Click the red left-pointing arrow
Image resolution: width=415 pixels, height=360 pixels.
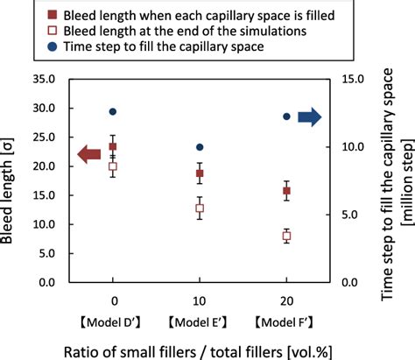point(90,155)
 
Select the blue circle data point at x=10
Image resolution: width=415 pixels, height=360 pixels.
point(200,147)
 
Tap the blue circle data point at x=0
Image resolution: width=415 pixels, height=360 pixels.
point(113,112)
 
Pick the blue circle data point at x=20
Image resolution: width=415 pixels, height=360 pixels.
point(286,116)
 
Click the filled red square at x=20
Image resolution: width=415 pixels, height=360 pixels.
point(286,191)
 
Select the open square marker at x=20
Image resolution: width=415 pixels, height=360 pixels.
point(286,236)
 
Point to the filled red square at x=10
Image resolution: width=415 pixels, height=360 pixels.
point(200,173)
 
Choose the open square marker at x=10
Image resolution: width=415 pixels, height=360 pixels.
point(200,208)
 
